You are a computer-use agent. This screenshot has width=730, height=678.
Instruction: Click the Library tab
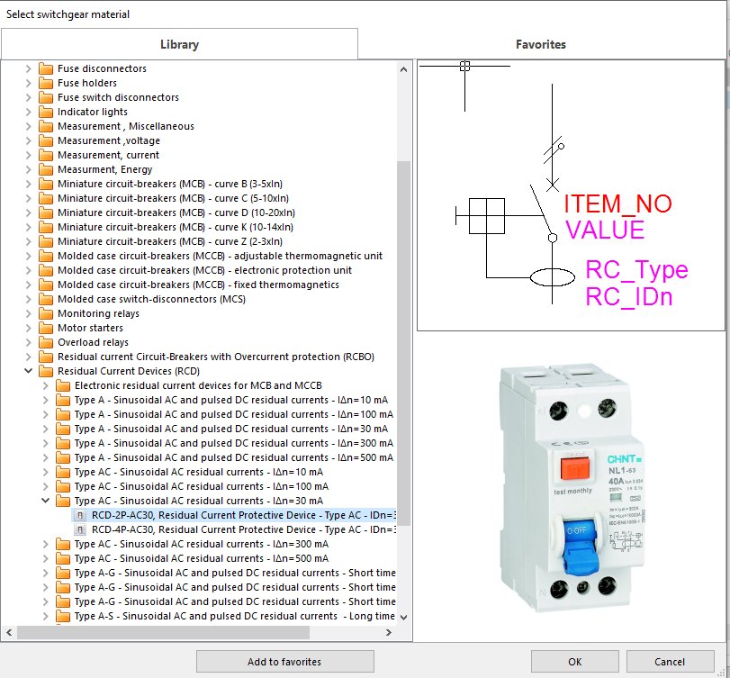pos(179,44)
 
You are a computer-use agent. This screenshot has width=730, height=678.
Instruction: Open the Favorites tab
pos(540,44)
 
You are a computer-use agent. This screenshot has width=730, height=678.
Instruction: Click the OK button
pos(574,662)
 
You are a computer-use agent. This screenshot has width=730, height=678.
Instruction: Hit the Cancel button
pos(670,662)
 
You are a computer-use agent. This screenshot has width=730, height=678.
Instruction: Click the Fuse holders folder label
pos(87,83)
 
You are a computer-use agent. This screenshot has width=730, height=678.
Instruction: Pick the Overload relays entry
pos(93,342)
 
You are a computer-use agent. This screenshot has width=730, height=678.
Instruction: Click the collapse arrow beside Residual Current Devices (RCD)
pos(28,371)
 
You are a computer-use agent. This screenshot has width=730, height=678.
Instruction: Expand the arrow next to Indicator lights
pos(28,112)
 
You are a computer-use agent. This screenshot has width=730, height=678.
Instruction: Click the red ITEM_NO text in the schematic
pos(617,204)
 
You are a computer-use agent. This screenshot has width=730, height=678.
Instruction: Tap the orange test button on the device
pos(574,469)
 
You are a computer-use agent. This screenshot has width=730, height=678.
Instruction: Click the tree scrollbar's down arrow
pos(403,617)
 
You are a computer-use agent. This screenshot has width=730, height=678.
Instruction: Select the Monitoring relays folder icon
pos(46,313)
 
